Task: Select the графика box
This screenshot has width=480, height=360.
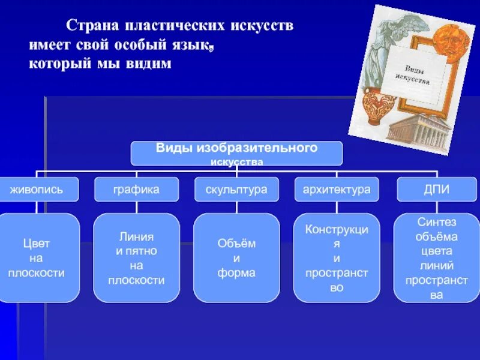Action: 136,190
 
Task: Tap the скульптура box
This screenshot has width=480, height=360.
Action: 236,190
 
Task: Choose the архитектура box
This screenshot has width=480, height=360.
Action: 336,190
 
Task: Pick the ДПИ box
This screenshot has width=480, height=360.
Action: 436,190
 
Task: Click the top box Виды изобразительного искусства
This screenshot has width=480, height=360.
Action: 236,154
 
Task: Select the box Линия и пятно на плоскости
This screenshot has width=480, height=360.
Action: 136,258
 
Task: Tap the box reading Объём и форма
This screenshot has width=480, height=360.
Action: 236,258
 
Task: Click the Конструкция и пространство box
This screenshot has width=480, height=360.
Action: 336,258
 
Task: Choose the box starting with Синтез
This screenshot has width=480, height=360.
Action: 436,258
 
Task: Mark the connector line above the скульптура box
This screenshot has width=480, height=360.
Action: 236,173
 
